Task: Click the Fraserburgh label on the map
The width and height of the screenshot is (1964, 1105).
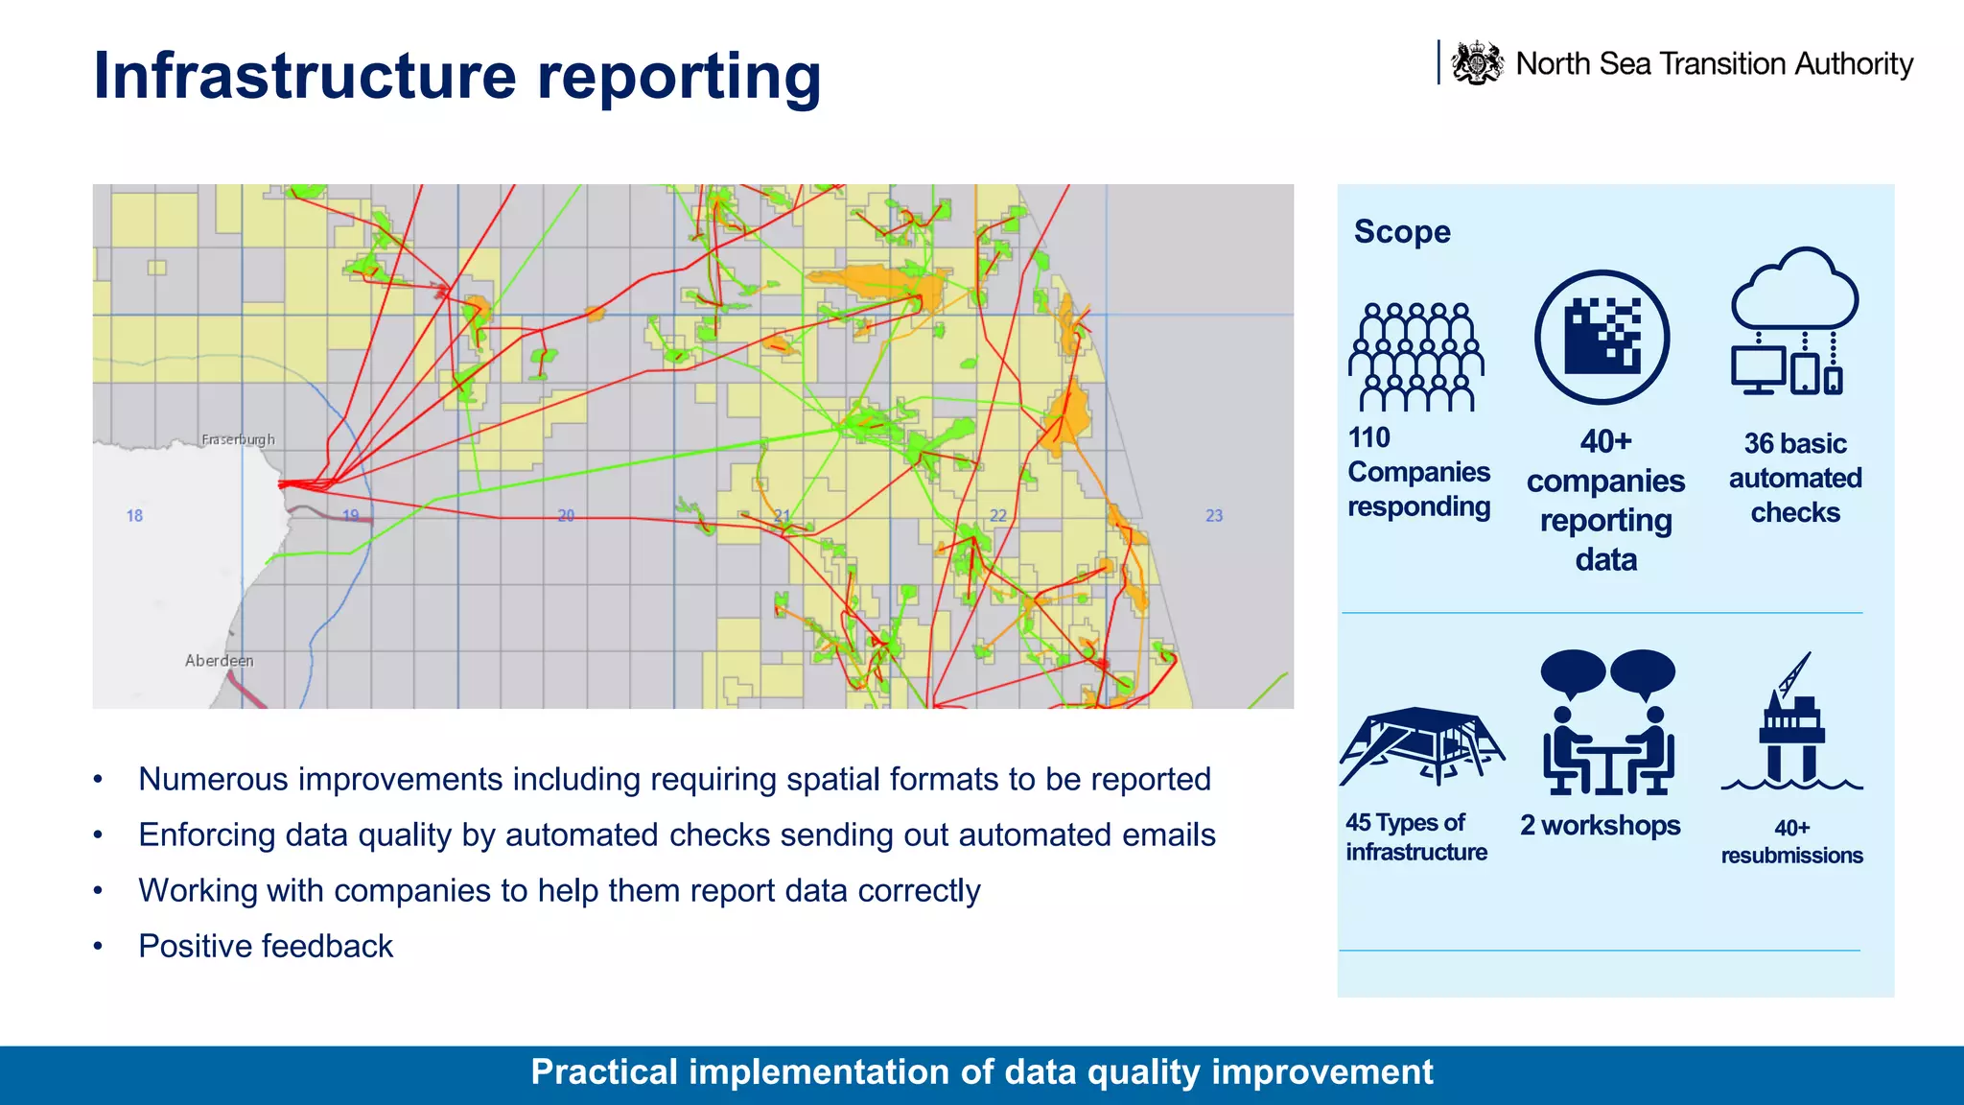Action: pos(238,439)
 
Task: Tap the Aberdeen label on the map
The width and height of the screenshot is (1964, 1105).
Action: pos(219,660)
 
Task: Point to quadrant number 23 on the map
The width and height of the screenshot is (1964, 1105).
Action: pos(1214,515)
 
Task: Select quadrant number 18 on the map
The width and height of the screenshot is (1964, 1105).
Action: pos(134,515)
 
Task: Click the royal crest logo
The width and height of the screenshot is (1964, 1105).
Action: pos(1477,63)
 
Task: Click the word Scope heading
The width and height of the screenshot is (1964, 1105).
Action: pos(1402,232)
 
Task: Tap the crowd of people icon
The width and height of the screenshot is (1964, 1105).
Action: pos(1416,357)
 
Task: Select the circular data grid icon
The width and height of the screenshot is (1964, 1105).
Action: pos(1602,338)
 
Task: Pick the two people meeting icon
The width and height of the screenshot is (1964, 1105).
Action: pos(1608,723)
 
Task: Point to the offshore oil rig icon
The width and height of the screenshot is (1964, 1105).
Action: pos(1791,724)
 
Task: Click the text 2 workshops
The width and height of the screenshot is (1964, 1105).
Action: pos(1600,825)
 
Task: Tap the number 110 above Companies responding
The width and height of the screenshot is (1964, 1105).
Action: pos(1368,437)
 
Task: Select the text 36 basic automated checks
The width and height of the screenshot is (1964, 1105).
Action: pos(1795,478)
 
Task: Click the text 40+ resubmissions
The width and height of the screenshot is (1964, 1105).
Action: pos(1791,841)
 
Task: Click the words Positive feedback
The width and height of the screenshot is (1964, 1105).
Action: pos(266,946)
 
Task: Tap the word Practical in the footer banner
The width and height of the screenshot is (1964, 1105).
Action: pos(604,1071)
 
